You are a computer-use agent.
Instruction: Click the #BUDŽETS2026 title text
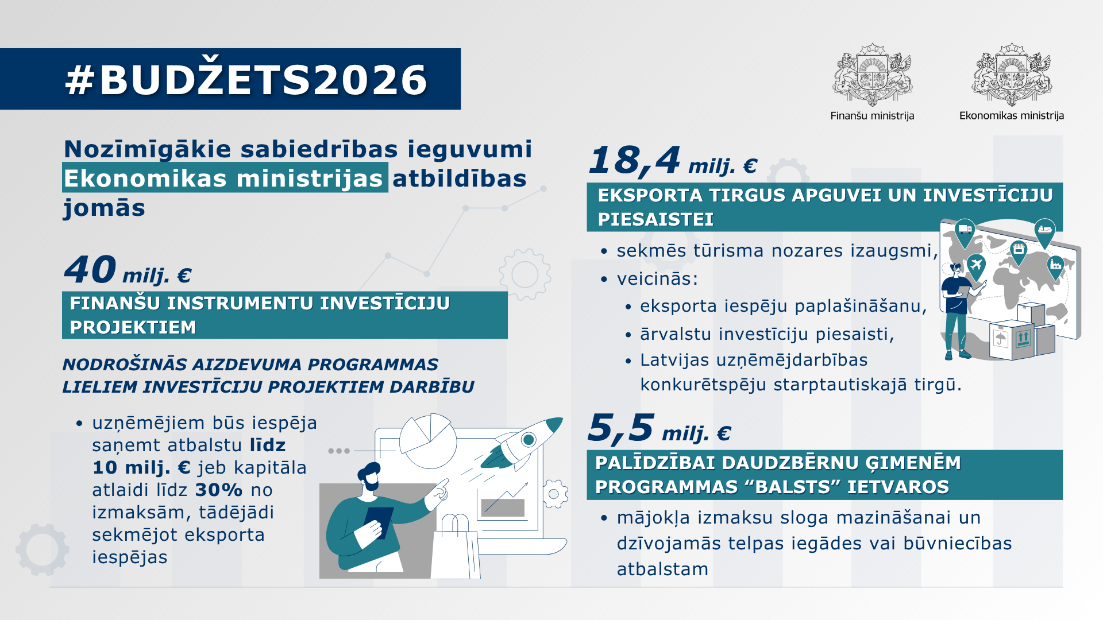click(246, 79)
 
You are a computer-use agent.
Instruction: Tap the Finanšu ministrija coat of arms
click(872, 75)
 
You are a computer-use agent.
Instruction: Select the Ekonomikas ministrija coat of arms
click(1011, 75)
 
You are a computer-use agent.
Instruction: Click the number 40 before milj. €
click(90, 270)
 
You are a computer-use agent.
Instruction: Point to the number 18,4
click(634, 160)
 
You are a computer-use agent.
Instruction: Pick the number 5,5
click(620, 428)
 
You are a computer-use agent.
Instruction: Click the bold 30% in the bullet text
click(219, 490)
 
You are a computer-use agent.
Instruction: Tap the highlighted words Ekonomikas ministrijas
click(224, 178)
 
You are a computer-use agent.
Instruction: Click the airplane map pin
click(975, 266)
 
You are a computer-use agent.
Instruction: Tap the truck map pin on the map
click(965, 231)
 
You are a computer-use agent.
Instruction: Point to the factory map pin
click(1055, 266)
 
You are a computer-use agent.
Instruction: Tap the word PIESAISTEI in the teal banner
click(655, 219)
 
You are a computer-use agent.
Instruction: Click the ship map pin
click(1044, 230)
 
